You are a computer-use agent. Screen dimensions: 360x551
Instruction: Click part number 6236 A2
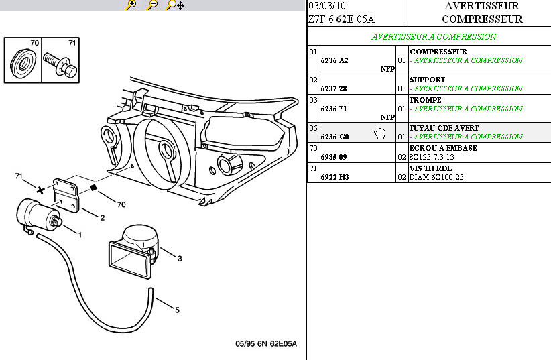(x=334, y=60)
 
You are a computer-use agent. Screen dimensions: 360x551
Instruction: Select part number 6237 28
(x=334, y=88)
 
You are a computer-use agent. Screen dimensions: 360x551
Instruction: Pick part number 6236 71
(x=334, y=109)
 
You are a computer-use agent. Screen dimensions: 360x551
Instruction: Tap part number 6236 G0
(x=334, y=137)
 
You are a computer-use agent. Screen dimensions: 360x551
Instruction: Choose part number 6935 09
(x=334, y=158)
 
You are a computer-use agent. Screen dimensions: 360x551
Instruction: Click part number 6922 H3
(x=334, y=178)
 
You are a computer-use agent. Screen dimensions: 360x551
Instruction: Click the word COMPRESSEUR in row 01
(x=438, y=52)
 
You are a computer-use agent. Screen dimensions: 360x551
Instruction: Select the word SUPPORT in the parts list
(x=427, y=80)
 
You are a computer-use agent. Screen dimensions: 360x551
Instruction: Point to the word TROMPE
(x=425, y=100)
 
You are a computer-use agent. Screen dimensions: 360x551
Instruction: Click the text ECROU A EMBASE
(x=443, y=148)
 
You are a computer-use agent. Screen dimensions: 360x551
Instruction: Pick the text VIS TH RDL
(x=430, y=168)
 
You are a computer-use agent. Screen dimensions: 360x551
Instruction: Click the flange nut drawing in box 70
(x=24, y=64)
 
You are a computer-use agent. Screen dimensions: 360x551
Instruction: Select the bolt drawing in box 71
(x=61, y=64)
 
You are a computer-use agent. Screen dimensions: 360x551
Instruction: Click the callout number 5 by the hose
(x=177, y=310)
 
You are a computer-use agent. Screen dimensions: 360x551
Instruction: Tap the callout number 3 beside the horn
(x=180, y=259)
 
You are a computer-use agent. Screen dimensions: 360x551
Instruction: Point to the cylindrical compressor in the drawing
(x=35, y=213)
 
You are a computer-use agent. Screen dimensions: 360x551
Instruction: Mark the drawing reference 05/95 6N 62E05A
(x=265, y=344)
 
